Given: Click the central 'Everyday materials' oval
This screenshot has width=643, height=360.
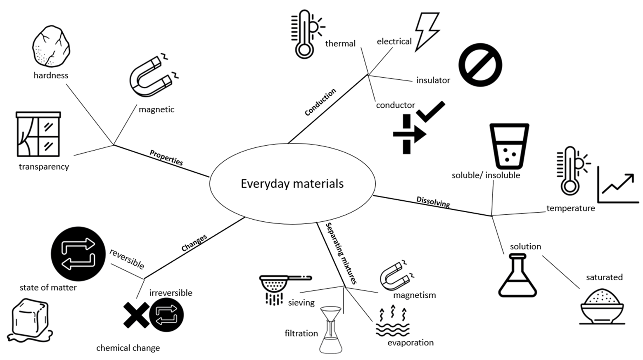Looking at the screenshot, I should point(292,183).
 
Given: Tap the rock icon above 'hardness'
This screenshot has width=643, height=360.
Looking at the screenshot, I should point(51,46).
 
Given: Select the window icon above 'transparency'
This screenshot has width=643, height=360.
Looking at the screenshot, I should point(38,135).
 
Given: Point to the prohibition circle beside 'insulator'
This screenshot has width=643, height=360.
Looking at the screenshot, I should point(480,65).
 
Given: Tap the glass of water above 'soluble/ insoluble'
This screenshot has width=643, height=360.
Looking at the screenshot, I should point(509,146).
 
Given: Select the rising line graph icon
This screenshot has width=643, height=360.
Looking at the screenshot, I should point(617,185).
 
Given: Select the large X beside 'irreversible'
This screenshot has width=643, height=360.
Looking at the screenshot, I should point(136,315).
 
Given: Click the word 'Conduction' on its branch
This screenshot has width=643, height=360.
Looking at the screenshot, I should point(320,102).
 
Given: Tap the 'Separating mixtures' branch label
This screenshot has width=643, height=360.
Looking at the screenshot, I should point(341,253).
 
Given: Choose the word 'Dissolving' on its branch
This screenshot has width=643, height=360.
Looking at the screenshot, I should point(433,202).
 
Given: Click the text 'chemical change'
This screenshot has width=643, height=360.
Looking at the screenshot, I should point(128,348).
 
